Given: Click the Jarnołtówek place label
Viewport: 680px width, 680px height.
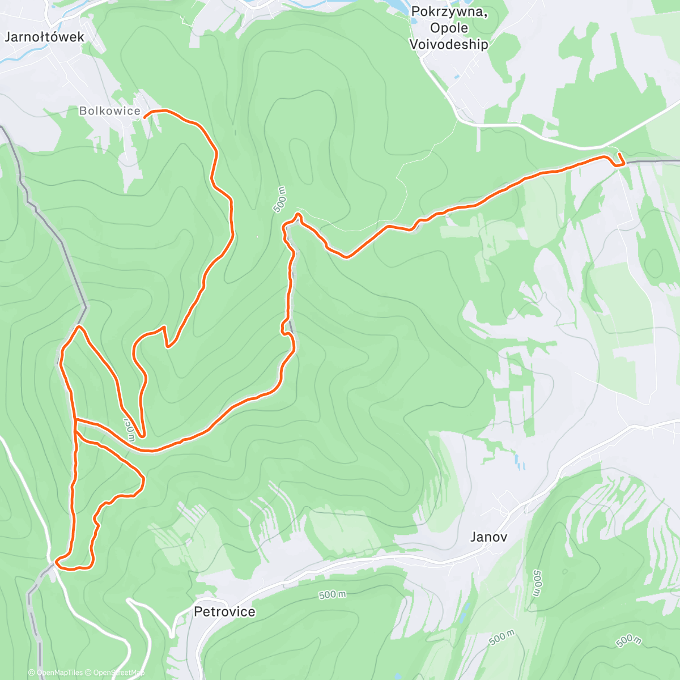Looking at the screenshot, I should click(44, 37).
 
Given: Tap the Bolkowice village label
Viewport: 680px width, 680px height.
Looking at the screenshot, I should click(109, 111).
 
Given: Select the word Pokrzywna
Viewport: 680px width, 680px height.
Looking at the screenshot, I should click(449, 12).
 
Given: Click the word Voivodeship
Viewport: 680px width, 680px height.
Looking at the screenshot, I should click(448, 44).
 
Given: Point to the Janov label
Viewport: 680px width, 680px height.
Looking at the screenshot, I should click(488, 537).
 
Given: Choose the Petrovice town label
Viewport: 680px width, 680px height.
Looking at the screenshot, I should click(224, 612).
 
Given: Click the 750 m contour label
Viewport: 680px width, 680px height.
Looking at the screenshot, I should click(130, 429).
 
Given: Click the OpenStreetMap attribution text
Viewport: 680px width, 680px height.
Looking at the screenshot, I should click(118, 673).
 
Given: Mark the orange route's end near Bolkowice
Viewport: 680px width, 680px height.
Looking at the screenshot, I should click(145, 116).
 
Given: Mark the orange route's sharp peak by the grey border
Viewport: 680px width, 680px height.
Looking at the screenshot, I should click(78, 326).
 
